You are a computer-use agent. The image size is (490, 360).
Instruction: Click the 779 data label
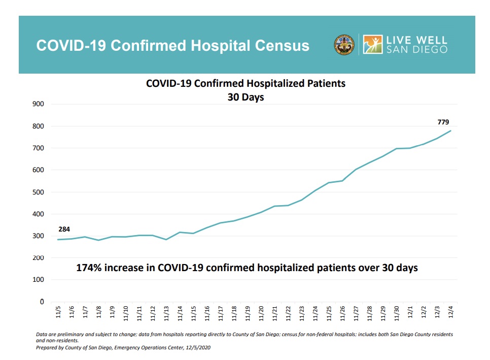pyautogui.click(x=443, y=122)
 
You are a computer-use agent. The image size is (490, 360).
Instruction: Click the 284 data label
pyautogui.click(x=64, y=230)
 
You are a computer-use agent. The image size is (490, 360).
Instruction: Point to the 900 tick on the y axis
pyautogui.click(x=38, y=104)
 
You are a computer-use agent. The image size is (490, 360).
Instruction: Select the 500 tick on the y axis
pyautogui.click(x=38, y=192)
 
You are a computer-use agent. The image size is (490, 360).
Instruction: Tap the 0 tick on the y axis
pyautogui.click(x=42, y=302)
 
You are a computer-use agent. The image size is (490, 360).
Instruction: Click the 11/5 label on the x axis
pyautogui.click(x=58, y=311)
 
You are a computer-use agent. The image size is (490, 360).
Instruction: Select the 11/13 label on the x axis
pyautogui.click(x=166, y=311)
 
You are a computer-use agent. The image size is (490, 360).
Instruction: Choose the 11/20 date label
pyautogui.click(x=261, y=311)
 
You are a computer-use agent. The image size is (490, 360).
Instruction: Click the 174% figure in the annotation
pyautogui.click(x=88, y=268)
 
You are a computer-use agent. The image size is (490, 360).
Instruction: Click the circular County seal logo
pyautogui.click(x=344, y=45)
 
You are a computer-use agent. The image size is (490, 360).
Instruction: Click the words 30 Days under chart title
pyautogui.click(x=246, y=96)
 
